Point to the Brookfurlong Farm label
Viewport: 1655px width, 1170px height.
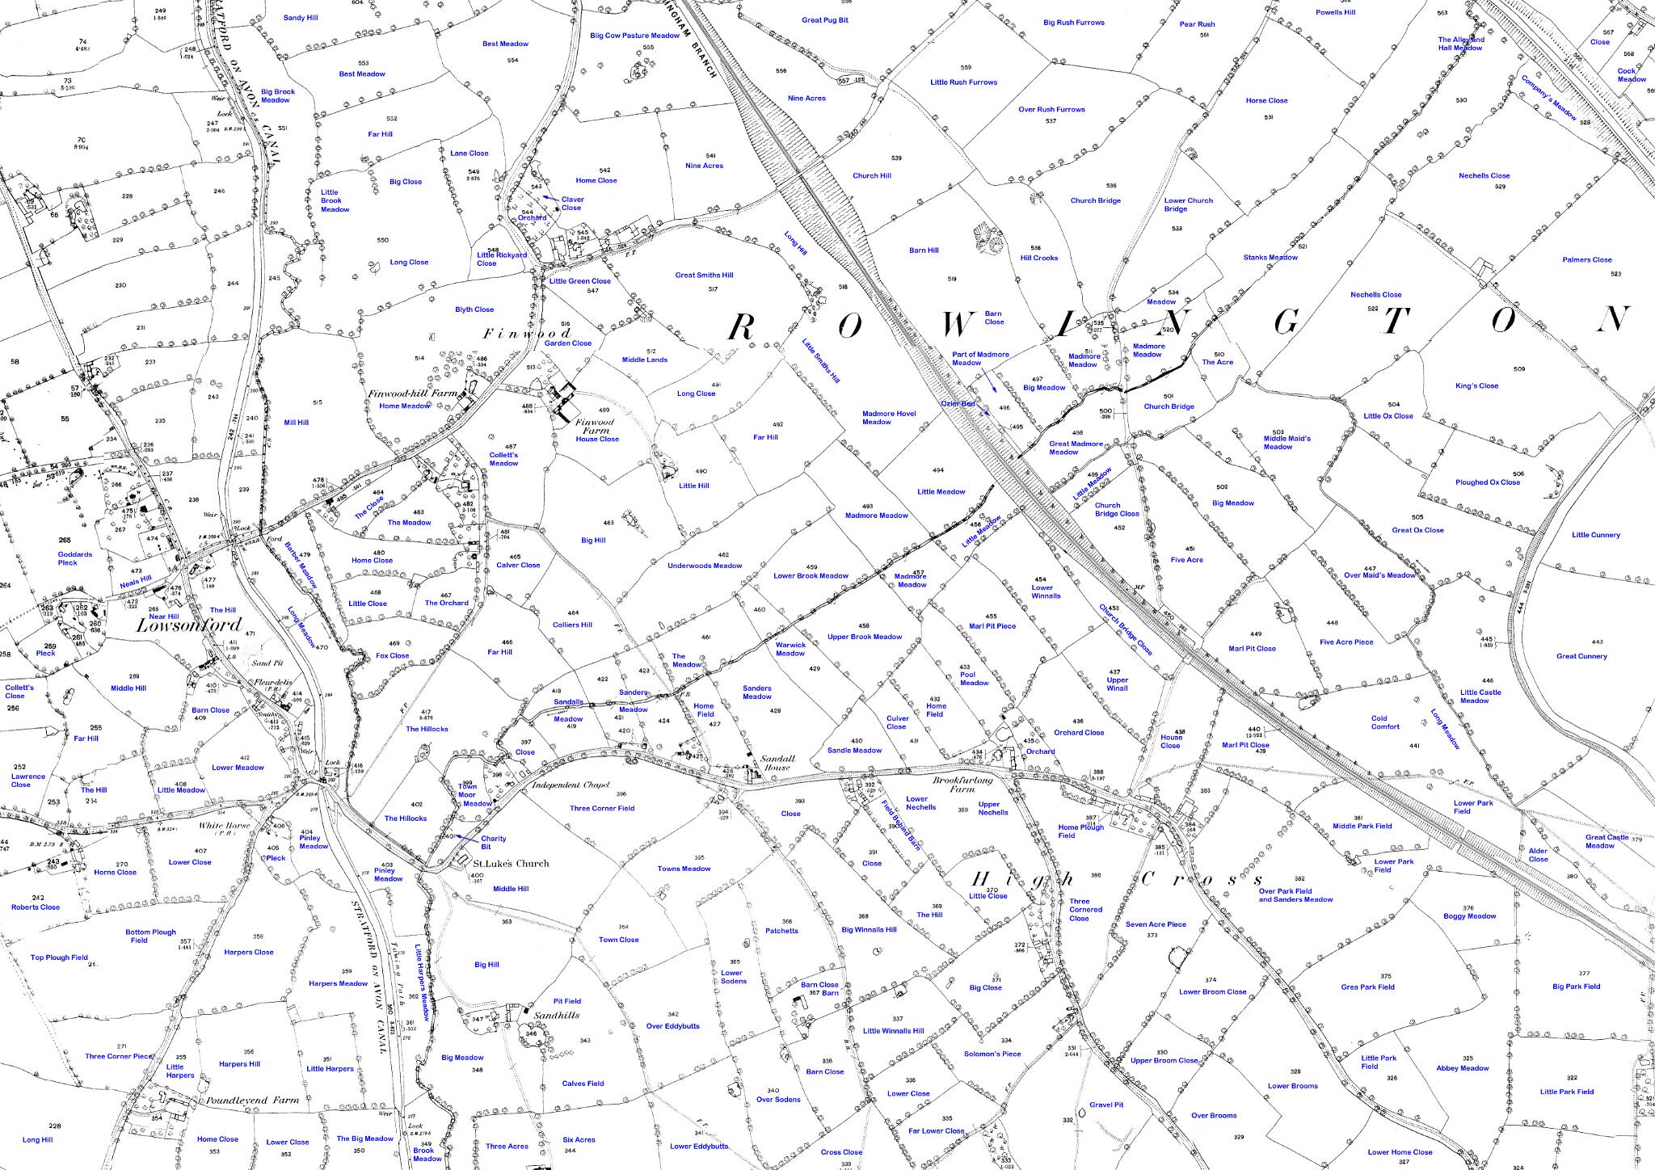(962, 781)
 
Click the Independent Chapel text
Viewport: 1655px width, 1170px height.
(571, 785)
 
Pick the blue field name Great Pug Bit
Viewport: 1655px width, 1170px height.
(824, 20)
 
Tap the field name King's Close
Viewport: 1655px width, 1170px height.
(1476, 385)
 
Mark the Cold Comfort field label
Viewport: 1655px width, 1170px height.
(1384, 722)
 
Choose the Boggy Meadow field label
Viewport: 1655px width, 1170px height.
(1469, 916)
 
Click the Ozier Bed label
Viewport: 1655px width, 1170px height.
(958, 403)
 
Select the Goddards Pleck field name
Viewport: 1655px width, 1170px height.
(74, 558)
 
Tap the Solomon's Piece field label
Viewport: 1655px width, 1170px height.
(992, 1054)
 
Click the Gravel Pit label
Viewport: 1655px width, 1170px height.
(1106, 1105)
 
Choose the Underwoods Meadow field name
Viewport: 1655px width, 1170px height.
(704, 566)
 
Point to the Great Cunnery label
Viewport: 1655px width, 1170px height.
(1581, 656)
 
